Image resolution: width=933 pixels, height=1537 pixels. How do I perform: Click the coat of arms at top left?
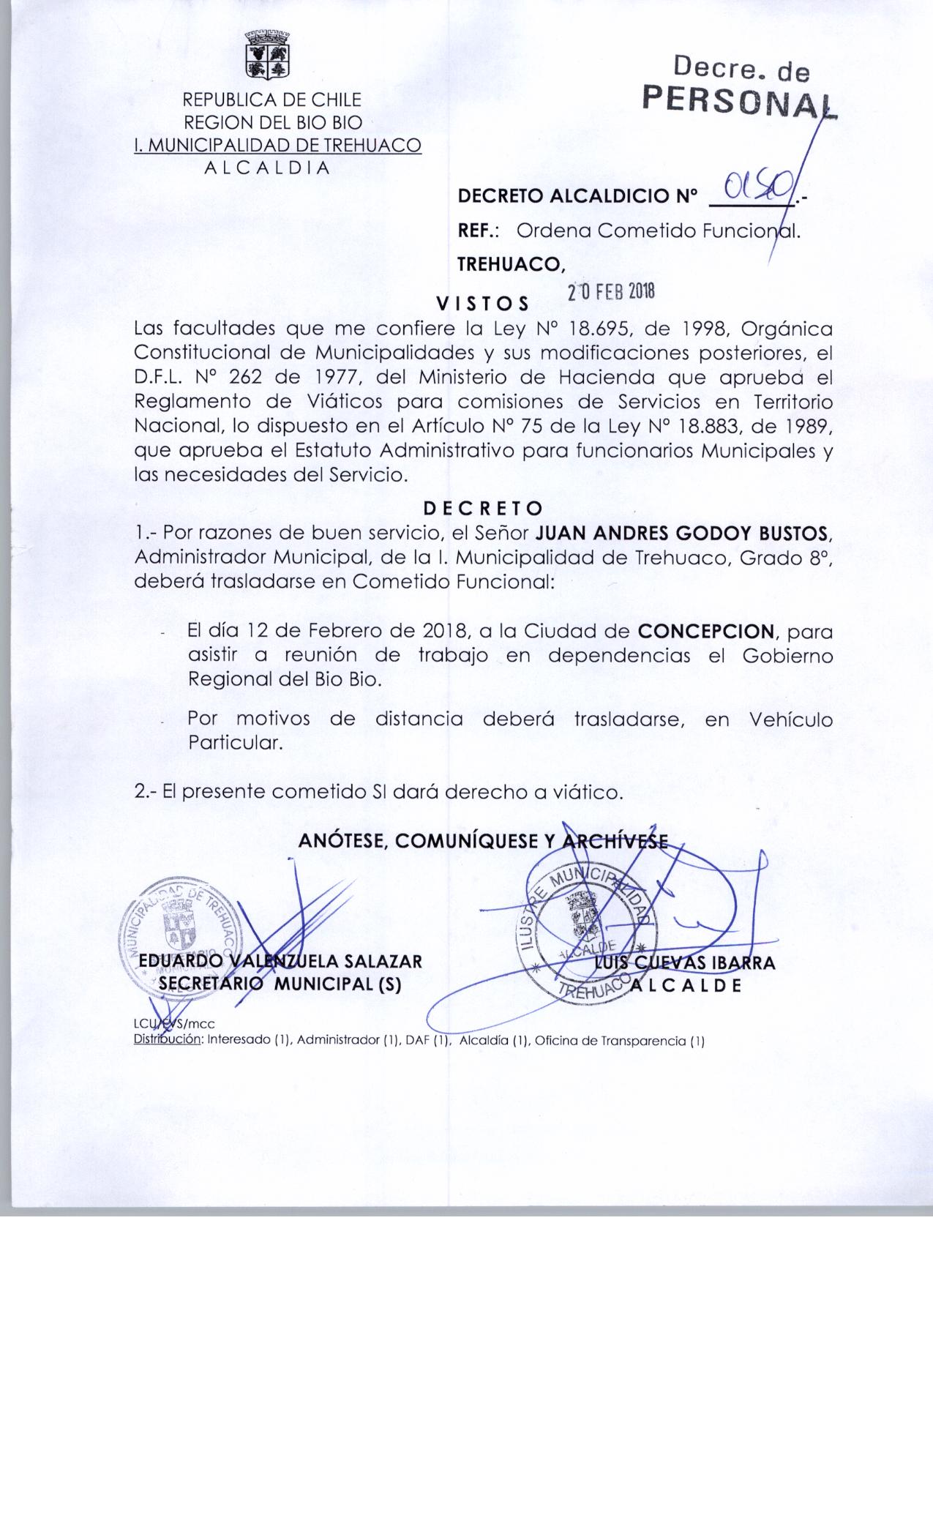pyautogui.click(x=268, y=54)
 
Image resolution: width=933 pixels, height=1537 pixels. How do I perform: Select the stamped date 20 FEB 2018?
pyautogui.click(x=611, y=291)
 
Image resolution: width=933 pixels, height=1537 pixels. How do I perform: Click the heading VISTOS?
pyautogui.click(x=482, y=303)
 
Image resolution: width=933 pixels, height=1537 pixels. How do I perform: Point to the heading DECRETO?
pyautogui.click(x=484, y=507)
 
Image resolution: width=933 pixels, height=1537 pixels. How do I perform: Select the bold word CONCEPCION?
pyautogui.click(x=705, y=631)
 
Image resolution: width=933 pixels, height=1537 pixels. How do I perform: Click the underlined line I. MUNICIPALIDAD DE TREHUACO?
pyautogui.click(x=277, y=145)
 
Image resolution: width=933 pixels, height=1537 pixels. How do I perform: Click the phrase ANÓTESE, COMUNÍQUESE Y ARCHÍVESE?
pyautogui.click(x=483, y=842)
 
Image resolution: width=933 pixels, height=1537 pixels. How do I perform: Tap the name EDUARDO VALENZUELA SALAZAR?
pyautogui.click(x=280, y=961)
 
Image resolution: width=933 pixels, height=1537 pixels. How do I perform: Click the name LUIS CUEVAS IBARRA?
pyautogui.click(x=685, y=962)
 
